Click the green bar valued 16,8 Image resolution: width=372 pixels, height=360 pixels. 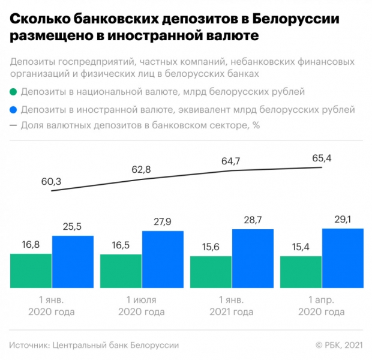[31, 271]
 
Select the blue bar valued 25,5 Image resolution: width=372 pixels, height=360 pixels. [73, 262]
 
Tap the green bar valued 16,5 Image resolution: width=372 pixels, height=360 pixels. [121, 271]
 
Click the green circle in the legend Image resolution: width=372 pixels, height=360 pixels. [13, 93]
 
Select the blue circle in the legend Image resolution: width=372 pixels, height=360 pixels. [13, 110]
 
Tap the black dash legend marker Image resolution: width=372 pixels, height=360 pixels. [13, 126]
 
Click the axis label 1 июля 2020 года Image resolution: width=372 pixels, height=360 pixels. [142, 306]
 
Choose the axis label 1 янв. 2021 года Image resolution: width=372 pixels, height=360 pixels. [232, 306]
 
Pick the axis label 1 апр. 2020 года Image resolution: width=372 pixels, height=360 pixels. [322, 306]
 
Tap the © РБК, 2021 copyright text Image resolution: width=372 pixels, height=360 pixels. [339, 345]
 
